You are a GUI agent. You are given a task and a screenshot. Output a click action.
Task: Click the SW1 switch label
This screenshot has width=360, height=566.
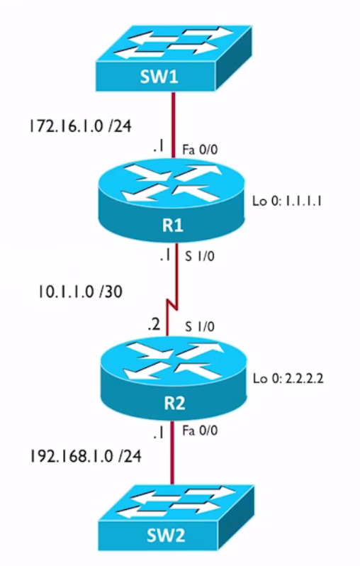[x=159, y=77]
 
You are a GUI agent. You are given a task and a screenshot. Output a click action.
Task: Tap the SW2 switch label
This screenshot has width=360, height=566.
[x=166, y=535]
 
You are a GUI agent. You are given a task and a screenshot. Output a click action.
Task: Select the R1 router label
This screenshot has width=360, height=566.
[x=173, y=226]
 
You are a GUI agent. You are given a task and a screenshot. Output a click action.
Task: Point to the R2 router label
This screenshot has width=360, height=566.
[x=174, y=403]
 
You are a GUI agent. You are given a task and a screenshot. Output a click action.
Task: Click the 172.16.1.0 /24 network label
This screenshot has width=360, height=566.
[x=80, y=126]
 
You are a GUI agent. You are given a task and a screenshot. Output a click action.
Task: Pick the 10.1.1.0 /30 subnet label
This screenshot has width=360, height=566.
[x=80, y=292]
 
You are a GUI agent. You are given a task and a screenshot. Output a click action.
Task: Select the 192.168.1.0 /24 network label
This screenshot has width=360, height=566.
[x=85, y=456]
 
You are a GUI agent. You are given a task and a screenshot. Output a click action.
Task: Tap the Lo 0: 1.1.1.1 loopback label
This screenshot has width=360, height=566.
[x=287, y=201]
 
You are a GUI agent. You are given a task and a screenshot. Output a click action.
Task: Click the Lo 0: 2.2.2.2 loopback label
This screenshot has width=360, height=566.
[x=288, y=378]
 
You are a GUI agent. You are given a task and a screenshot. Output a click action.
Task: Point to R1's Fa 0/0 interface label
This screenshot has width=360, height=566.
[x=200, y=150]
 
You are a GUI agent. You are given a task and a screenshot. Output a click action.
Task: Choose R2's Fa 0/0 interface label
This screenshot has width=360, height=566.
[x=200, y=431]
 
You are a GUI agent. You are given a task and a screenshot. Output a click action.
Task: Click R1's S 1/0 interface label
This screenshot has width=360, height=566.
[x=199, y=256]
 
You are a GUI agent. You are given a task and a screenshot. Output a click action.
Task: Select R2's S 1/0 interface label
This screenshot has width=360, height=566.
[x=199, y=326]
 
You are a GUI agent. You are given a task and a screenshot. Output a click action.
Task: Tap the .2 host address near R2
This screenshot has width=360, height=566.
[x=154, y=325]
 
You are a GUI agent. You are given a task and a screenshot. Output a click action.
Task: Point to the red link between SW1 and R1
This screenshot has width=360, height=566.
[x=174, y=125]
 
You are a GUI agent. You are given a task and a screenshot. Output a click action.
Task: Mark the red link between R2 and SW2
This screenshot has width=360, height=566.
[x=172, y=452]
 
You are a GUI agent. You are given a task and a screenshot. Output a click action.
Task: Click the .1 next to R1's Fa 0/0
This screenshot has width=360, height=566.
[x=158, y=147]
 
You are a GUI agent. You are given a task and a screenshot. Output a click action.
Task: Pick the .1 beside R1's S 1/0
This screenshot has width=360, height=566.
[x=165, y=255]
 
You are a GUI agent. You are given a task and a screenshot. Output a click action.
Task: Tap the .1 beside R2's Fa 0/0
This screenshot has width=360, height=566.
[x=158, y=433]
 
